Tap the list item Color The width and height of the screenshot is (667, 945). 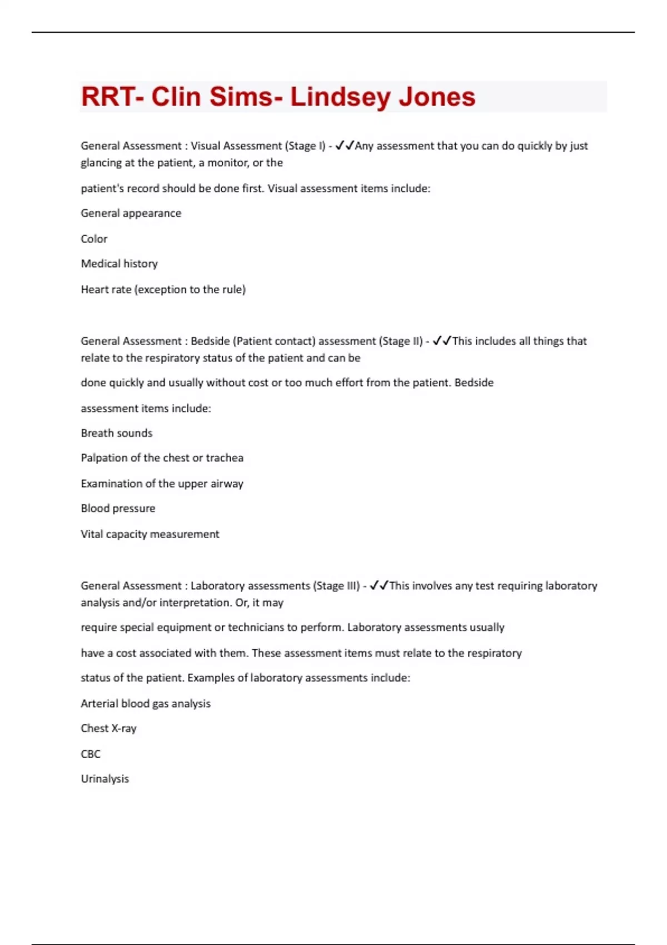[94, 239]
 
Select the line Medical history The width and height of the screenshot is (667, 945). [119, 263]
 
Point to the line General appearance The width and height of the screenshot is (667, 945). [131, 213]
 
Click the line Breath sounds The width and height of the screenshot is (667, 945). [116, 433]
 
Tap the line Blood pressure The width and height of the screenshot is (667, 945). [118, 508]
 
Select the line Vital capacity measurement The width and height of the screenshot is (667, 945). [150, 534]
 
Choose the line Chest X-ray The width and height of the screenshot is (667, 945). [108, 728]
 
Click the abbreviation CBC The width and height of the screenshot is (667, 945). [91, 754]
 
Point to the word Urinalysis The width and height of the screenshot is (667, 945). [104, 779]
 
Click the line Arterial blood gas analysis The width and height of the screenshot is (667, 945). [146, 704]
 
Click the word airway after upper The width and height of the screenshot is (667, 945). [227, 484]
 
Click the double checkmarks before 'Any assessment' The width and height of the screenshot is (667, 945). [345, 146]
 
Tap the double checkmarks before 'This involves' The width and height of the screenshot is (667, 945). [379, 585]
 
